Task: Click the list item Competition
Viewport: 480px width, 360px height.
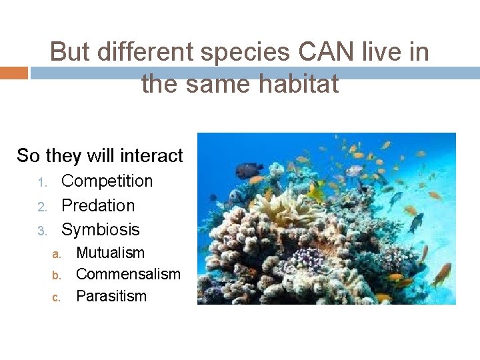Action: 107,181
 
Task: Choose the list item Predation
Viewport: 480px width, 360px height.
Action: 98,205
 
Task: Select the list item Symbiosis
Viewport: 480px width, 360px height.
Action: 101,229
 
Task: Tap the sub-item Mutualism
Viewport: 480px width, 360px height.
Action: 110,253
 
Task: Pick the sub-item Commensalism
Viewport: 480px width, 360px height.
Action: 128,274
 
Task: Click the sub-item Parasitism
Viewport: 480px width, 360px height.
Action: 111,296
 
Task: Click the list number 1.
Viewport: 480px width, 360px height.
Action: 41,182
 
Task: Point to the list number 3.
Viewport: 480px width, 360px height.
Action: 41,231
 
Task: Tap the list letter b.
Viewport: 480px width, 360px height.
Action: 57,275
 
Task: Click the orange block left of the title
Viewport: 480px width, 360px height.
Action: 13,73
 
